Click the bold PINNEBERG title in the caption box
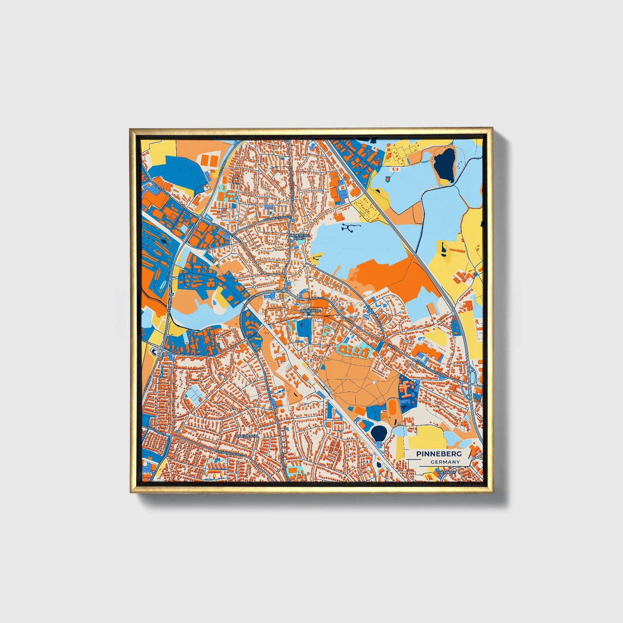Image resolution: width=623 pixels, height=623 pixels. point(438,454)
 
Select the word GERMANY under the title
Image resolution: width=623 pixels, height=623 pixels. point(445,462)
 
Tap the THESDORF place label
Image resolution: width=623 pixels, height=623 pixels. point(446,473)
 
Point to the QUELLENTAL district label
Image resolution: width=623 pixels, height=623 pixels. point(247,436)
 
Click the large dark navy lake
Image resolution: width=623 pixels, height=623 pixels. point(445,165)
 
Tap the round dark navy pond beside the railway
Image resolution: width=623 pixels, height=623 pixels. point(379,433)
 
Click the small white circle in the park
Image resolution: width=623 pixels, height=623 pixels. point(373,382)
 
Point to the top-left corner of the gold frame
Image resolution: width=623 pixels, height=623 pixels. point(130,128)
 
